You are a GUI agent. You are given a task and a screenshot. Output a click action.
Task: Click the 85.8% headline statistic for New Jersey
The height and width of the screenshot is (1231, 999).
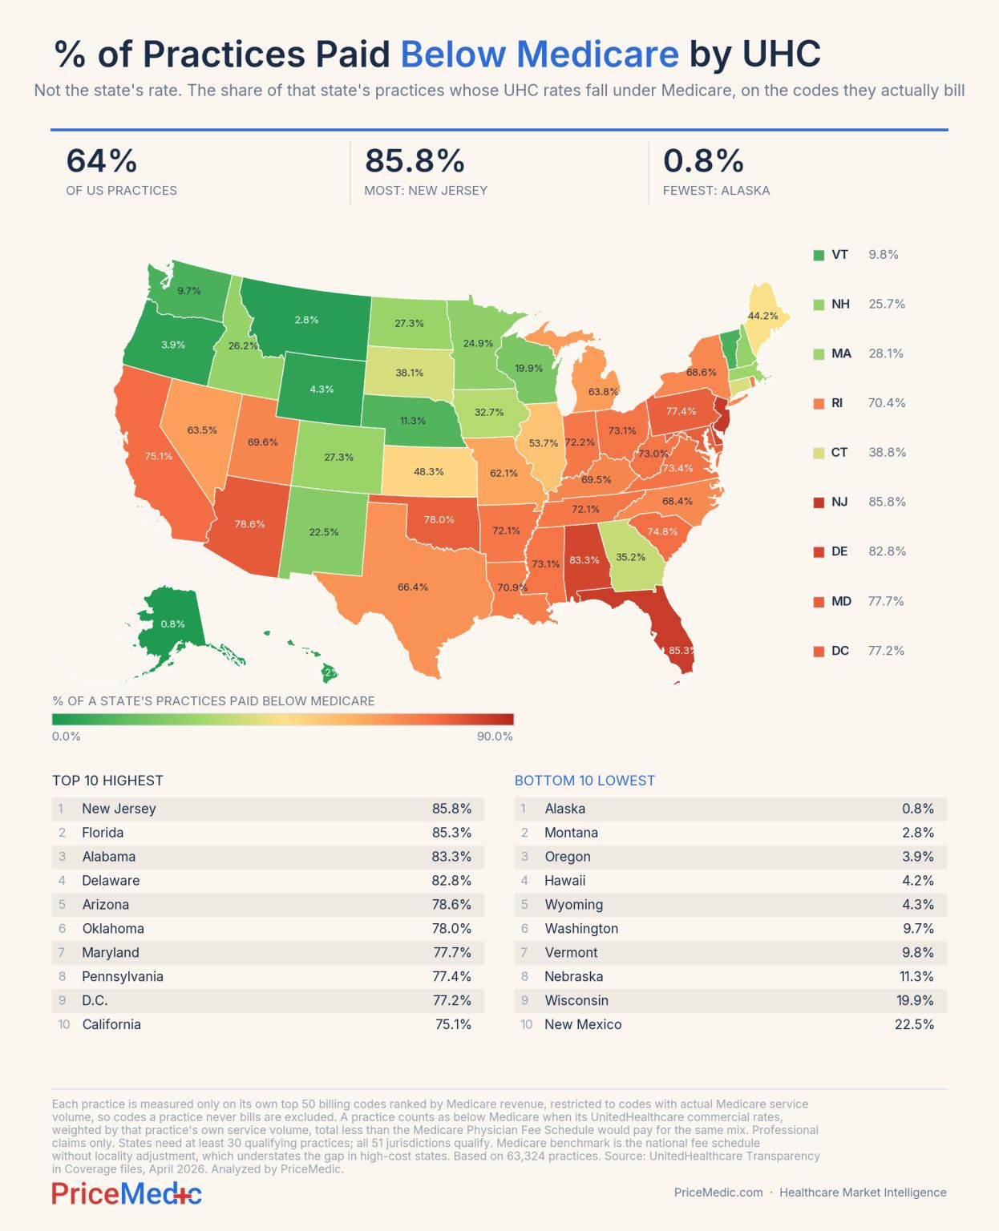[415, 160]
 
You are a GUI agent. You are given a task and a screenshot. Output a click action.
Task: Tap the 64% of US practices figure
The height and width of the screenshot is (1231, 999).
[102, 160]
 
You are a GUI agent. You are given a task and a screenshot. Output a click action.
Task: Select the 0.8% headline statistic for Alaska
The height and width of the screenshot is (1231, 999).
[703, 160]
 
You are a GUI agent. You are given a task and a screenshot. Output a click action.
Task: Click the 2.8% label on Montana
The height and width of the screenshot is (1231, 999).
[306, 320]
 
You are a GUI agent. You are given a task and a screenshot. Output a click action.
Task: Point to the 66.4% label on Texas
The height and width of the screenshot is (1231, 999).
[413, 587]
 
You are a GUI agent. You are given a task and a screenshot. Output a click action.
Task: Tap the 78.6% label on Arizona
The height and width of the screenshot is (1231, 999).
[250, 524]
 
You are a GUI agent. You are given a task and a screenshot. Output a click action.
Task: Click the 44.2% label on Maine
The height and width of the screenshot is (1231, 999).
[763, 316]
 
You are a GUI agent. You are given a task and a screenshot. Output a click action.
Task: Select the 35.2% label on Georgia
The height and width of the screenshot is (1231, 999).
[630, 557]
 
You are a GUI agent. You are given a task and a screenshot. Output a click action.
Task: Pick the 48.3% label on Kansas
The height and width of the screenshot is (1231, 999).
[429, 471]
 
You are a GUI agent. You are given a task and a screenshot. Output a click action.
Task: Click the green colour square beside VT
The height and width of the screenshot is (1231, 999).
[819, 256]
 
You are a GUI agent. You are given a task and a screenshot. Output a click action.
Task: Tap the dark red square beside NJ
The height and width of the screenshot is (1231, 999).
[819, 502]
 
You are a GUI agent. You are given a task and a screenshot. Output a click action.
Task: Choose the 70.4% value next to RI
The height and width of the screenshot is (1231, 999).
[887, 403]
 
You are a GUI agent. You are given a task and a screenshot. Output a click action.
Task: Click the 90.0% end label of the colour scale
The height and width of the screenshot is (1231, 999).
[495, 737]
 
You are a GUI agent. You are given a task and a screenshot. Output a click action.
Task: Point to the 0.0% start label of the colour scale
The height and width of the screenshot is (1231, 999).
[67, 737]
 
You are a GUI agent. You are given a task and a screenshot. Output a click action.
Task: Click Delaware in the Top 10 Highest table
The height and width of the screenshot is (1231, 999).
[111, 880]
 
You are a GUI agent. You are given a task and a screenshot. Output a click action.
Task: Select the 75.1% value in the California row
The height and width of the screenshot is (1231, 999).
[453, 1024]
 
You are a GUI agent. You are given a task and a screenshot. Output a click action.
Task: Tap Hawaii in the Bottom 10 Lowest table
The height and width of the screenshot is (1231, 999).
[564, 880]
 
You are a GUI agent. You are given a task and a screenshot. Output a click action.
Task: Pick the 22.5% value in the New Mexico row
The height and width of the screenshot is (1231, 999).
[915, 1024]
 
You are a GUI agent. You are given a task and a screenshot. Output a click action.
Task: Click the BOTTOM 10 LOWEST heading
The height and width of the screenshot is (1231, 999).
[585, 781]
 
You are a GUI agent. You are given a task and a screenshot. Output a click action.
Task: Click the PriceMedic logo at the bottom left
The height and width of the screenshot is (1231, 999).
[127, 1193]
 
